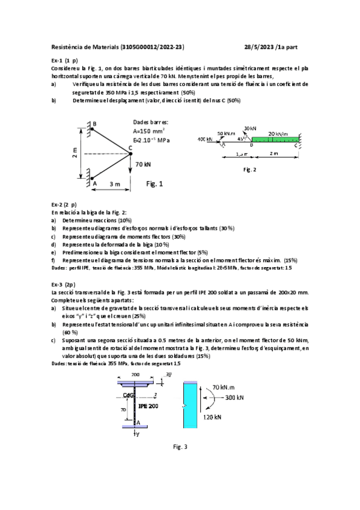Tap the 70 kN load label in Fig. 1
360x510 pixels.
tap(143, 164)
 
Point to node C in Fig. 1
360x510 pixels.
tap(131, 149)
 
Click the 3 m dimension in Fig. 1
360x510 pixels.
tap(112, 184)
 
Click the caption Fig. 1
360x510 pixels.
tap(155, 183)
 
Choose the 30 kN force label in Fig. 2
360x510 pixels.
tap(250, 128)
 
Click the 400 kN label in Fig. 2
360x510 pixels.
tap(205, 140)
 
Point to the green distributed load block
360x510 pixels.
tap(275, 141)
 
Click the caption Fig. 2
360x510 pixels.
tap(249, 170)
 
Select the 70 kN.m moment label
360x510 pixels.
tap(227, 387)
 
